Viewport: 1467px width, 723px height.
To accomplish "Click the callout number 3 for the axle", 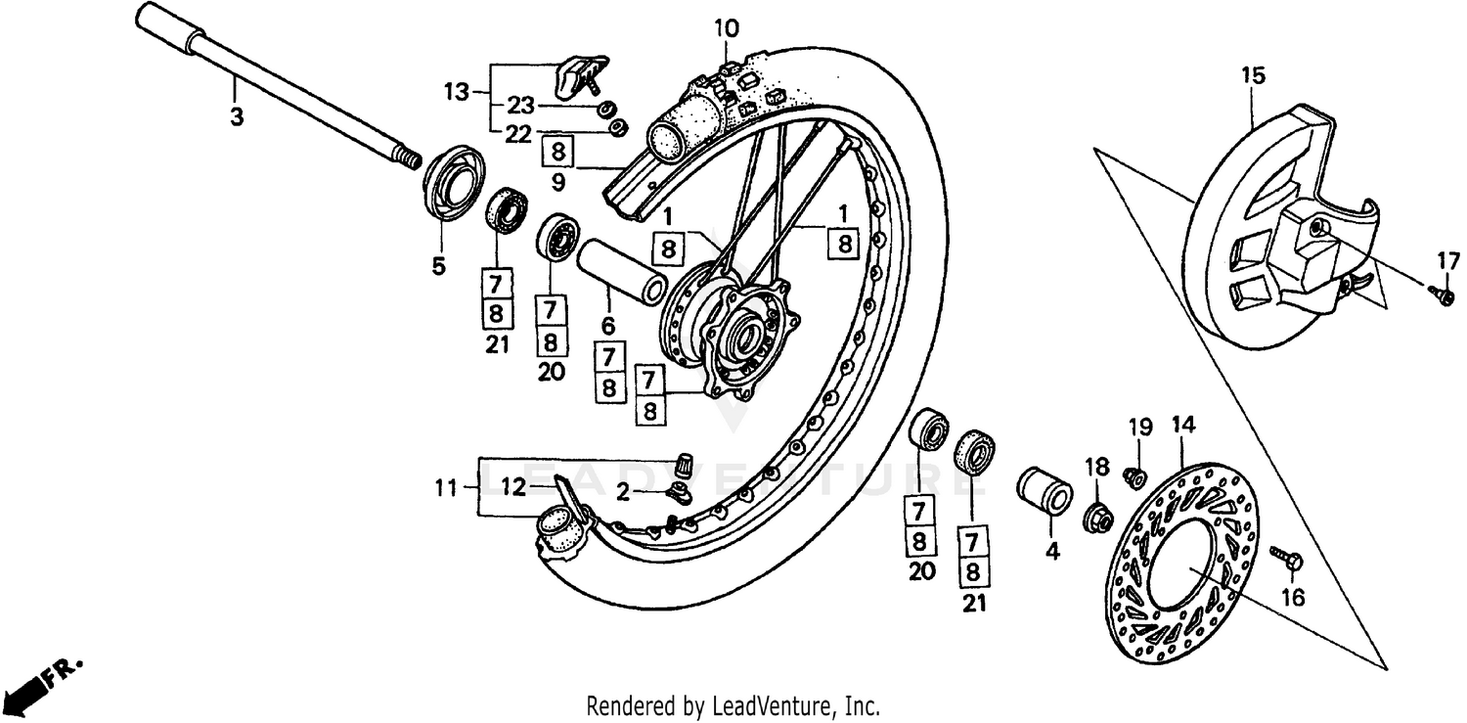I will point(236,116).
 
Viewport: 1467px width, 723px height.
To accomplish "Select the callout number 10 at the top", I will point(726,28).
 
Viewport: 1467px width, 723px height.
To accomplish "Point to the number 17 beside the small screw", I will point(1447,261).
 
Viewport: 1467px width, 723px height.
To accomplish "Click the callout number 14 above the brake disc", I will point(1183,425).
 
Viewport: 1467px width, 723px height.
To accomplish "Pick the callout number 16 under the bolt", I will point(1293,598).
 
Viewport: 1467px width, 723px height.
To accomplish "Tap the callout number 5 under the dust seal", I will point(438,264).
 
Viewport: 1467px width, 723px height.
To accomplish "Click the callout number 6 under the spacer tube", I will point(607,326).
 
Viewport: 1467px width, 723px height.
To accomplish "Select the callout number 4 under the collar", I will point(1052,551).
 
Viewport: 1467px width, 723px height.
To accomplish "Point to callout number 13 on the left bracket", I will point(457,93).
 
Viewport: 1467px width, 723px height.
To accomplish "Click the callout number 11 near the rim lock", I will point(446,486).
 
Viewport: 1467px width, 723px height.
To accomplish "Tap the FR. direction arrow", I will point(39,684).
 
